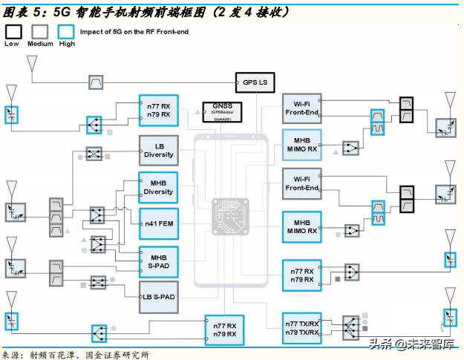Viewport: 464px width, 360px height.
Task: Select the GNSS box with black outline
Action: click(221, 112)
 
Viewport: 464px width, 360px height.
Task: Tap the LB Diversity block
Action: click(159, 150)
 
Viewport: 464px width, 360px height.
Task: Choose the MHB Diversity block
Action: click(159, 186)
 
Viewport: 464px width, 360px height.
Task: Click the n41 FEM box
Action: click(159, 223)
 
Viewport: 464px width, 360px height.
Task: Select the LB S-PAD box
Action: click(159, 297)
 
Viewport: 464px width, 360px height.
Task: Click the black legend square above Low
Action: click(13, 30)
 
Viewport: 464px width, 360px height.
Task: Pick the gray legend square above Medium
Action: click(40, 30)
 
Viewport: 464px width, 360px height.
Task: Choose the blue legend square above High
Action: click(67, 30)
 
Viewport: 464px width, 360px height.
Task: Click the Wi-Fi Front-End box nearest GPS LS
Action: click(302, 109)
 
